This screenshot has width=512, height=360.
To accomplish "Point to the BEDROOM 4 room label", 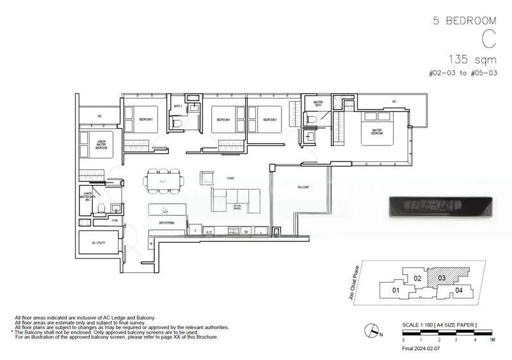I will click(222, 120).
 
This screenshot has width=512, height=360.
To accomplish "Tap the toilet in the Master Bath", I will click(312, 119).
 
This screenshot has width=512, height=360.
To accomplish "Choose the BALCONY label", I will click(303, 187).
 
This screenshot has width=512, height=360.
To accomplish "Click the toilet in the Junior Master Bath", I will click(101, 206).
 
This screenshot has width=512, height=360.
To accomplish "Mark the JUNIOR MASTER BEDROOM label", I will click(96, 144).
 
